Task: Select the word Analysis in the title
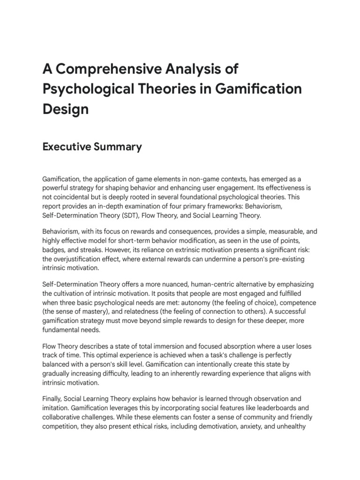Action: coord(194,69)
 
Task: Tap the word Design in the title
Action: coord(66,109)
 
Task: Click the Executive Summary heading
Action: coord(92,147)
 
